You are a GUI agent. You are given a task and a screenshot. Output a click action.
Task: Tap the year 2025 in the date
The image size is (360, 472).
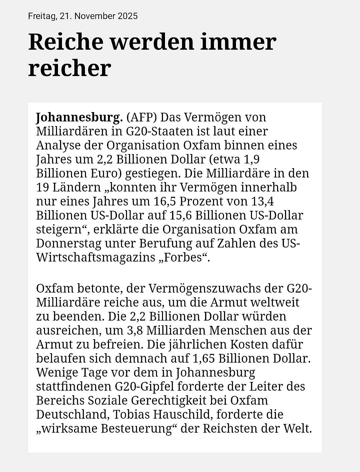point(127,16)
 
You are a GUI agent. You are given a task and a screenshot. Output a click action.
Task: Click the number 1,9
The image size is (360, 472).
point(252,159)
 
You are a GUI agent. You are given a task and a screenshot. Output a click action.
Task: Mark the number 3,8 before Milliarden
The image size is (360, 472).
point(135,330)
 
